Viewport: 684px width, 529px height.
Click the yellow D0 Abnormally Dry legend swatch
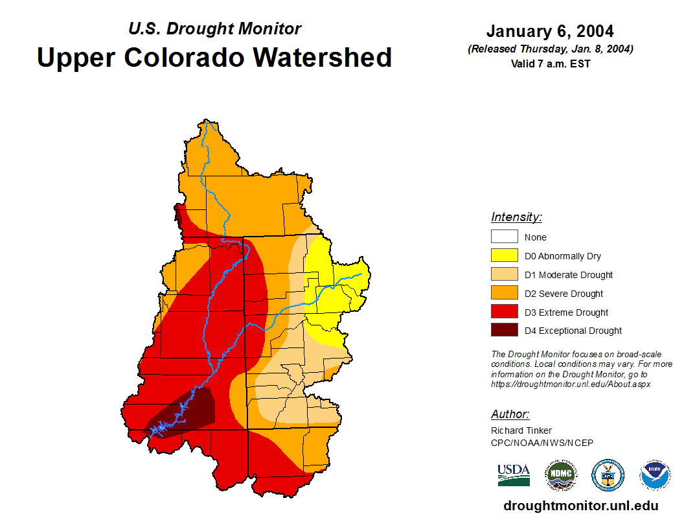[x=504, y=255]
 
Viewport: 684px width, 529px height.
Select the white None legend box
[x=504, y=237]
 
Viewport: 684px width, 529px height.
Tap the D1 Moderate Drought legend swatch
[x=504, y=274]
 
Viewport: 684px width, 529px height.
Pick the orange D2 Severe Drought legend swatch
[x=504, y=293]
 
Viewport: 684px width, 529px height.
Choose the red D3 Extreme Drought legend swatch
[x=504, y=312]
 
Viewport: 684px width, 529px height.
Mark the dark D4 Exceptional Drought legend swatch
[x=504, y=330]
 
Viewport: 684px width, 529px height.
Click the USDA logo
[x=514, y=475]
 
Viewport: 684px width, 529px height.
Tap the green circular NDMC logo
[x=560, y=475]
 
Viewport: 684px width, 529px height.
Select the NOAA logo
[x=655, y=475]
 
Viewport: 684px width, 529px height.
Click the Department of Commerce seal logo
[x=608, y=475]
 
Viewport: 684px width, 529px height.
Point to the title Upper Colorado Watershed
[x=214, y=57]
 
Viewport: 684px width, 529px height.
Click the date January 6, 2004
[x=550, y=31]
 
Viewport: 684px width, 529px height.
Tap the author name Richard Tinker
[x=521, y=430]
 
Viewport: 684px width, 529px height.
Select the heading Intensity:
[x=516, y=217]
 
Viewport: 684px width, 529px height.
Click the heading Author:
[x=510, y=414]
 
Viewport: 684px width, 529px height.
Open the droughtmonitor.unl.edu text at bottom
[x=580, y=506]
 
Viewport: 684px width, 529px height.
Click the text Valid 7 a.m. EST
[x=550, y=64]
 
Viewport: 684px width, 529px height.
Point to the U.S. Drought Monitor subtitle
[x=214, y=29]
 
